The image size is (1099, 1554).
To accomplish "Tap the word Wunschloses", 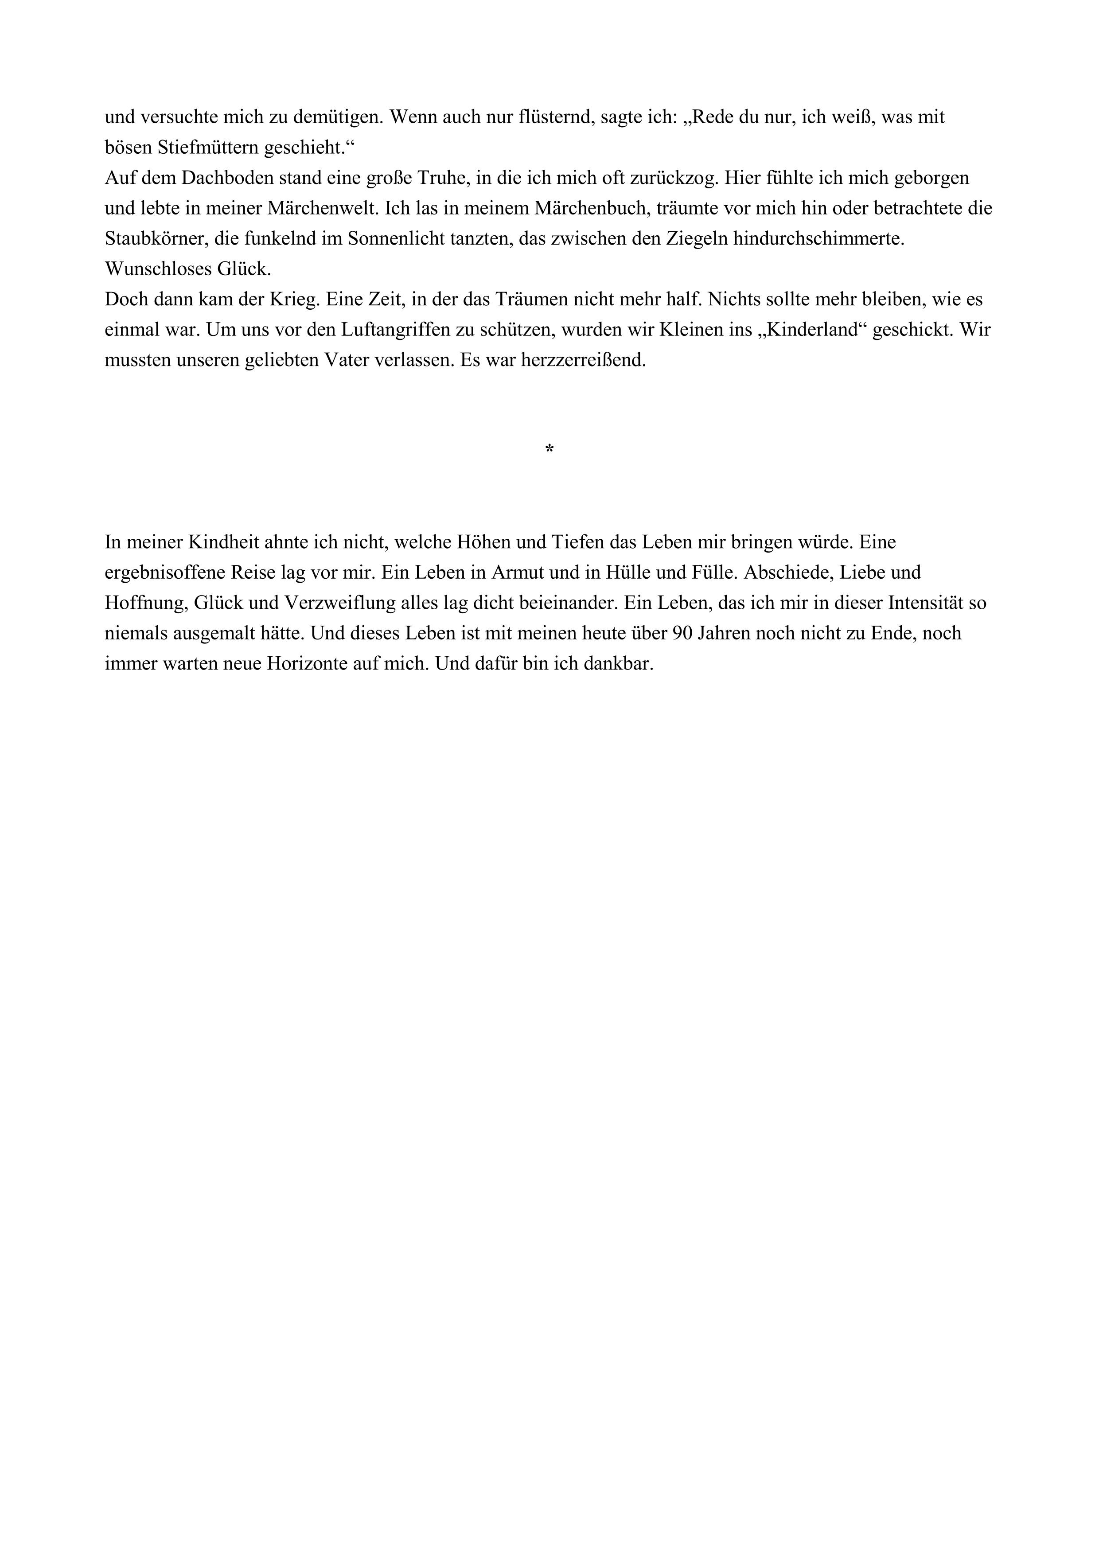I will click(158, 269).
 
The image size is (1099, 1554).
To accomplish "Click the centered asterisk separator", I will click(549, 449).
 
